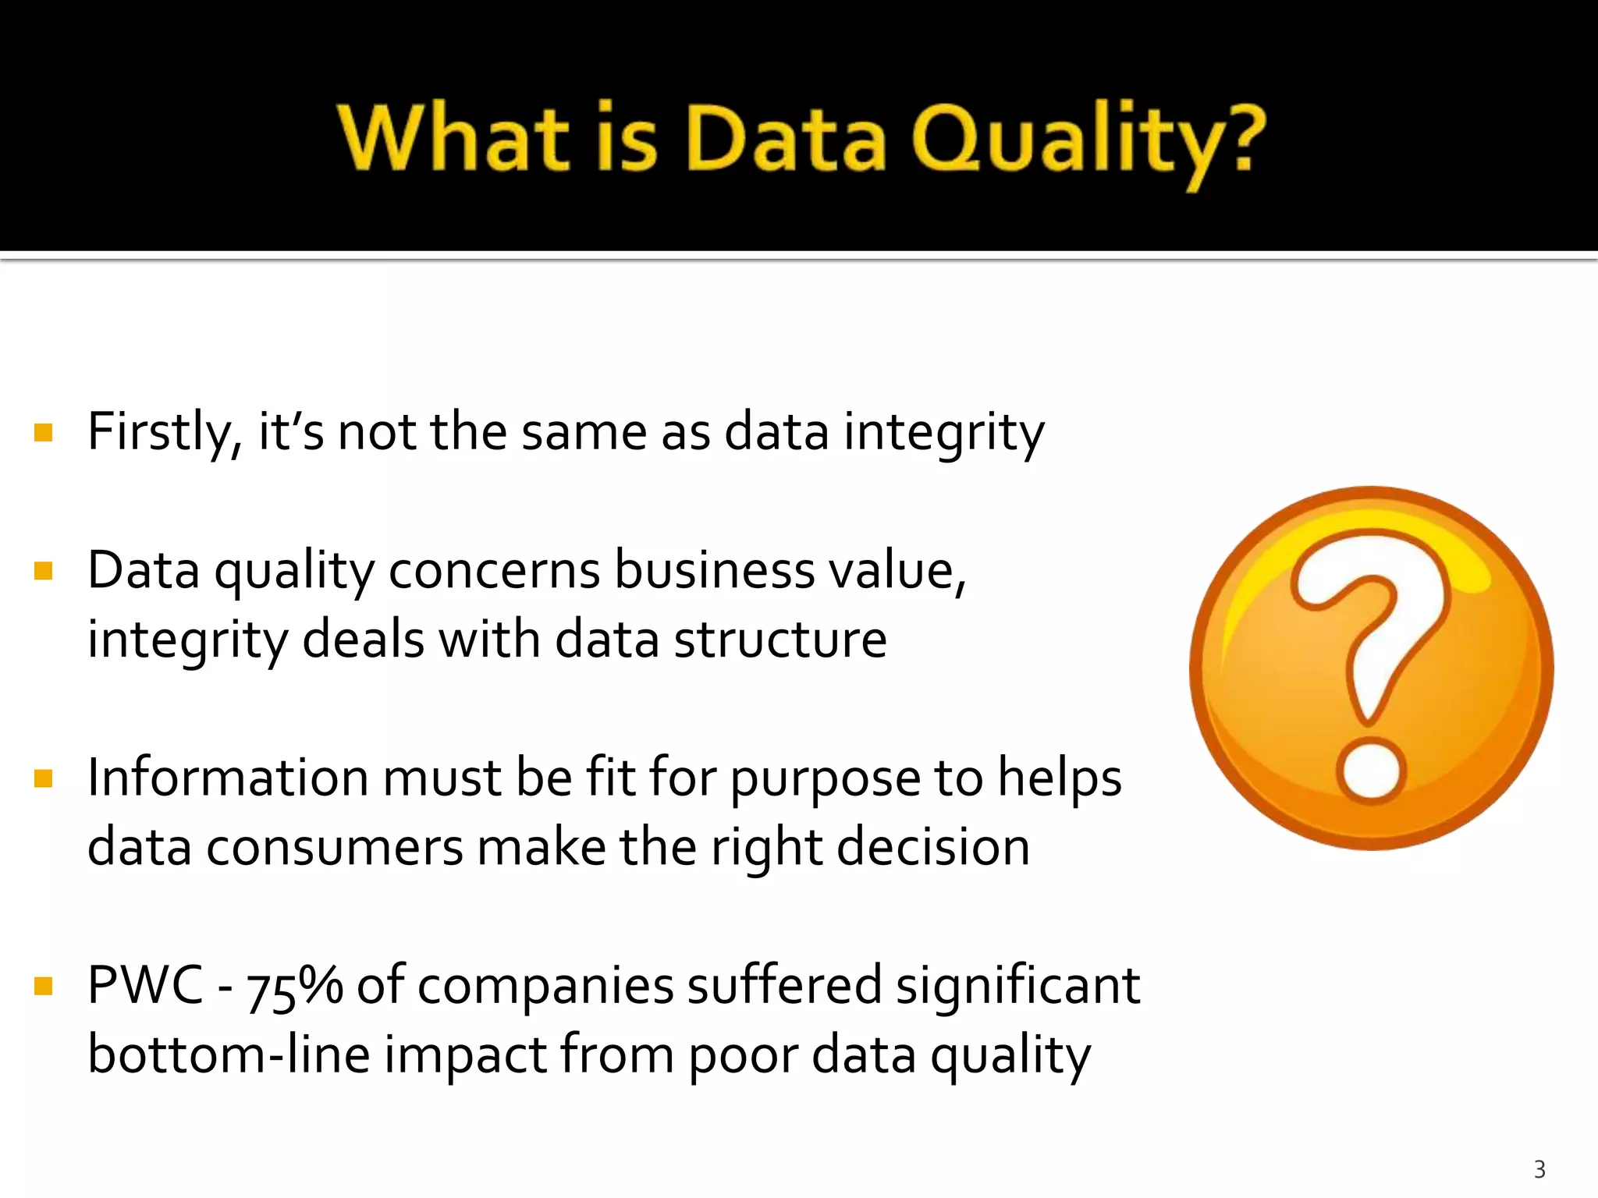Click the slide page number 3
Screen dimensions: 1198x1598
tap(1539, 1169)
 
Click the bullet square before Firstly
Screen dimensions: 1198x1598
tap(44, 432)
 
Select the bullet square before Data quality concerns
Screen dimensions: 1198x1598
tap(44, 571)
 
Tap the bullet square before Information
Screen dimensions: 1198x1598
tap(44, 778)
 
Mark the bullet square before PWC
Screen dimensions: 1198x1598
tap(44, 986)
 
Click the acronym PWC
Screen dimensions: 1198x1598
tap(145, 986)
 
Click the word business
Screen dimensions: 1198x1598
tap(715, 571)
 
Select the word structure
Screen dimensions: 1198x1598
tap(780, 640)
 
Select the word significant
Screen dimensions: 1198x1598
tap(1017, 986)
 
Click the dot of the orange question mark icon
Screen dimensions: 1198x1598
tap(1371, 771)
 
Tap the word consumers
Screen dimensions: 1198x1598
tap(335, 848)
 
